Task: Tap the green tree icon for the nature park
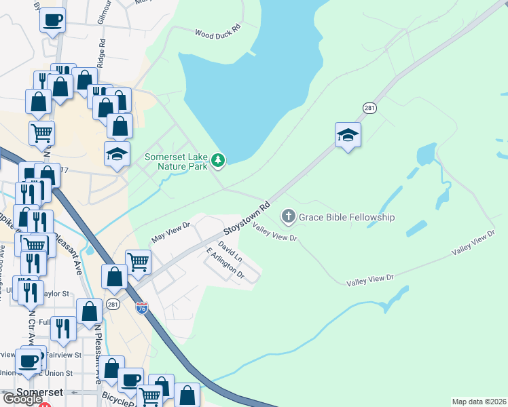[218, 160]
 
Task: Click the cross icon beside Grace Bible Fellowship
[288, 217]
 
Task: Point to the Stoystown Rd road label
[252, 218]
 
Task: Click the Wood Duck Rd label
[218, 32]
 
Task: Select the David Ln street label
[230, 250]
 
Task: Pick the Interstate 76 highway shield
[141, 307]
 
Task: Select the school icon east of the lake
[347, 134]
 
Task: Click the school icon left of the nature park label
[117, 153]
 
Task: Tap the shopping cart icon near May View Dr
[138, 260]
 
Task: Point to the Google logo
[22, 399]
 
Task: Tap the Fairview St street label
[68, 355]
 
